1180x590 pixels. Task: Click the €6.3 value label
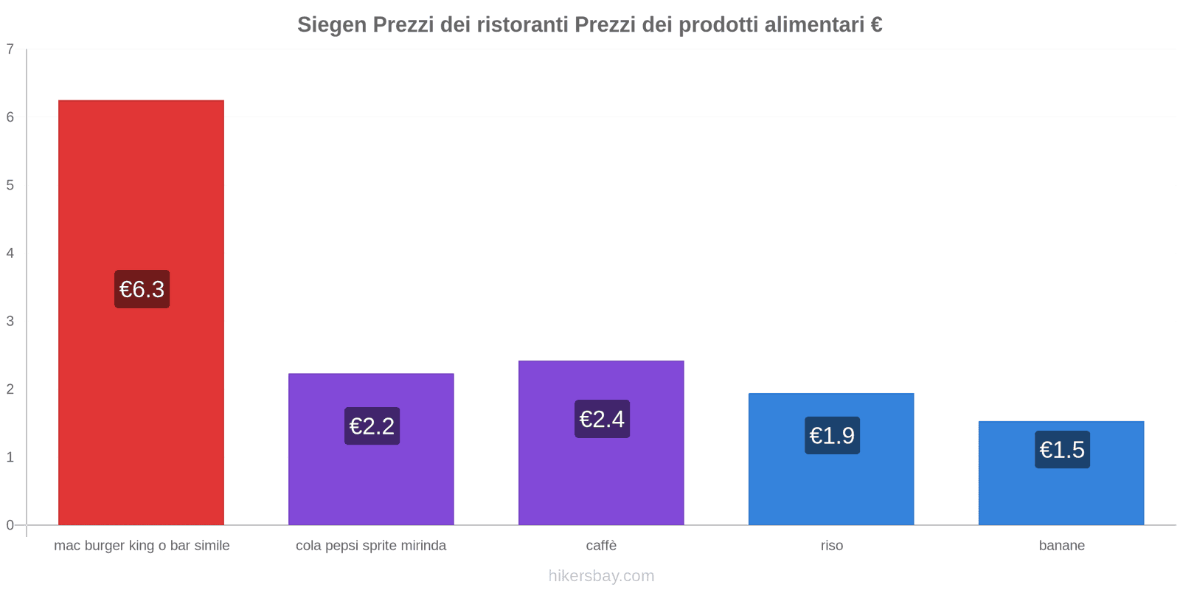point(142,289)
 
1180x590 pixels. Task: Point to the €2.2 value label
point(372,426)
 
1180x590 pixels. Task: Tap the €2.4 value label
point(602,419)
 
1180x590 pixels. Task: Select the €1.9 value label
point(832,436)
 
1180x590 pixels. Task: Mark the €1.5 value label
point(1062,450)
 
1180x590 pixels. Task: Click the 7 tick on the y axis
point(10,49)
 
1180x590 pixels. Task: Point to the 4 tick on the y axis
point(10,253)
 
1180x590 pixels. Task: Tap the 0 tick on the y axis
point(10,525)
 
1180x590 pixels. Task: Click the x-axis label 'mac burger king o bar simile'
point(142,546)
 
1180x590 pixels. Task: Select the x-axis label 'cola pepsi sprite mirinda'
point(371,546)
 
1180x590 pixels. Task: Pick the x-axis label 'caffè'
point(601,546)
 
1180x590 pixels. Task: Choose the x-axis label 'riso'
point(831,546)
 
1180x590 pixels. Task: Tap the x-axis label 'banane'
point(1061,546)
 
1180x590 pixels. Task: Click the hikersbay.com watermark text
point(601,576)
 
